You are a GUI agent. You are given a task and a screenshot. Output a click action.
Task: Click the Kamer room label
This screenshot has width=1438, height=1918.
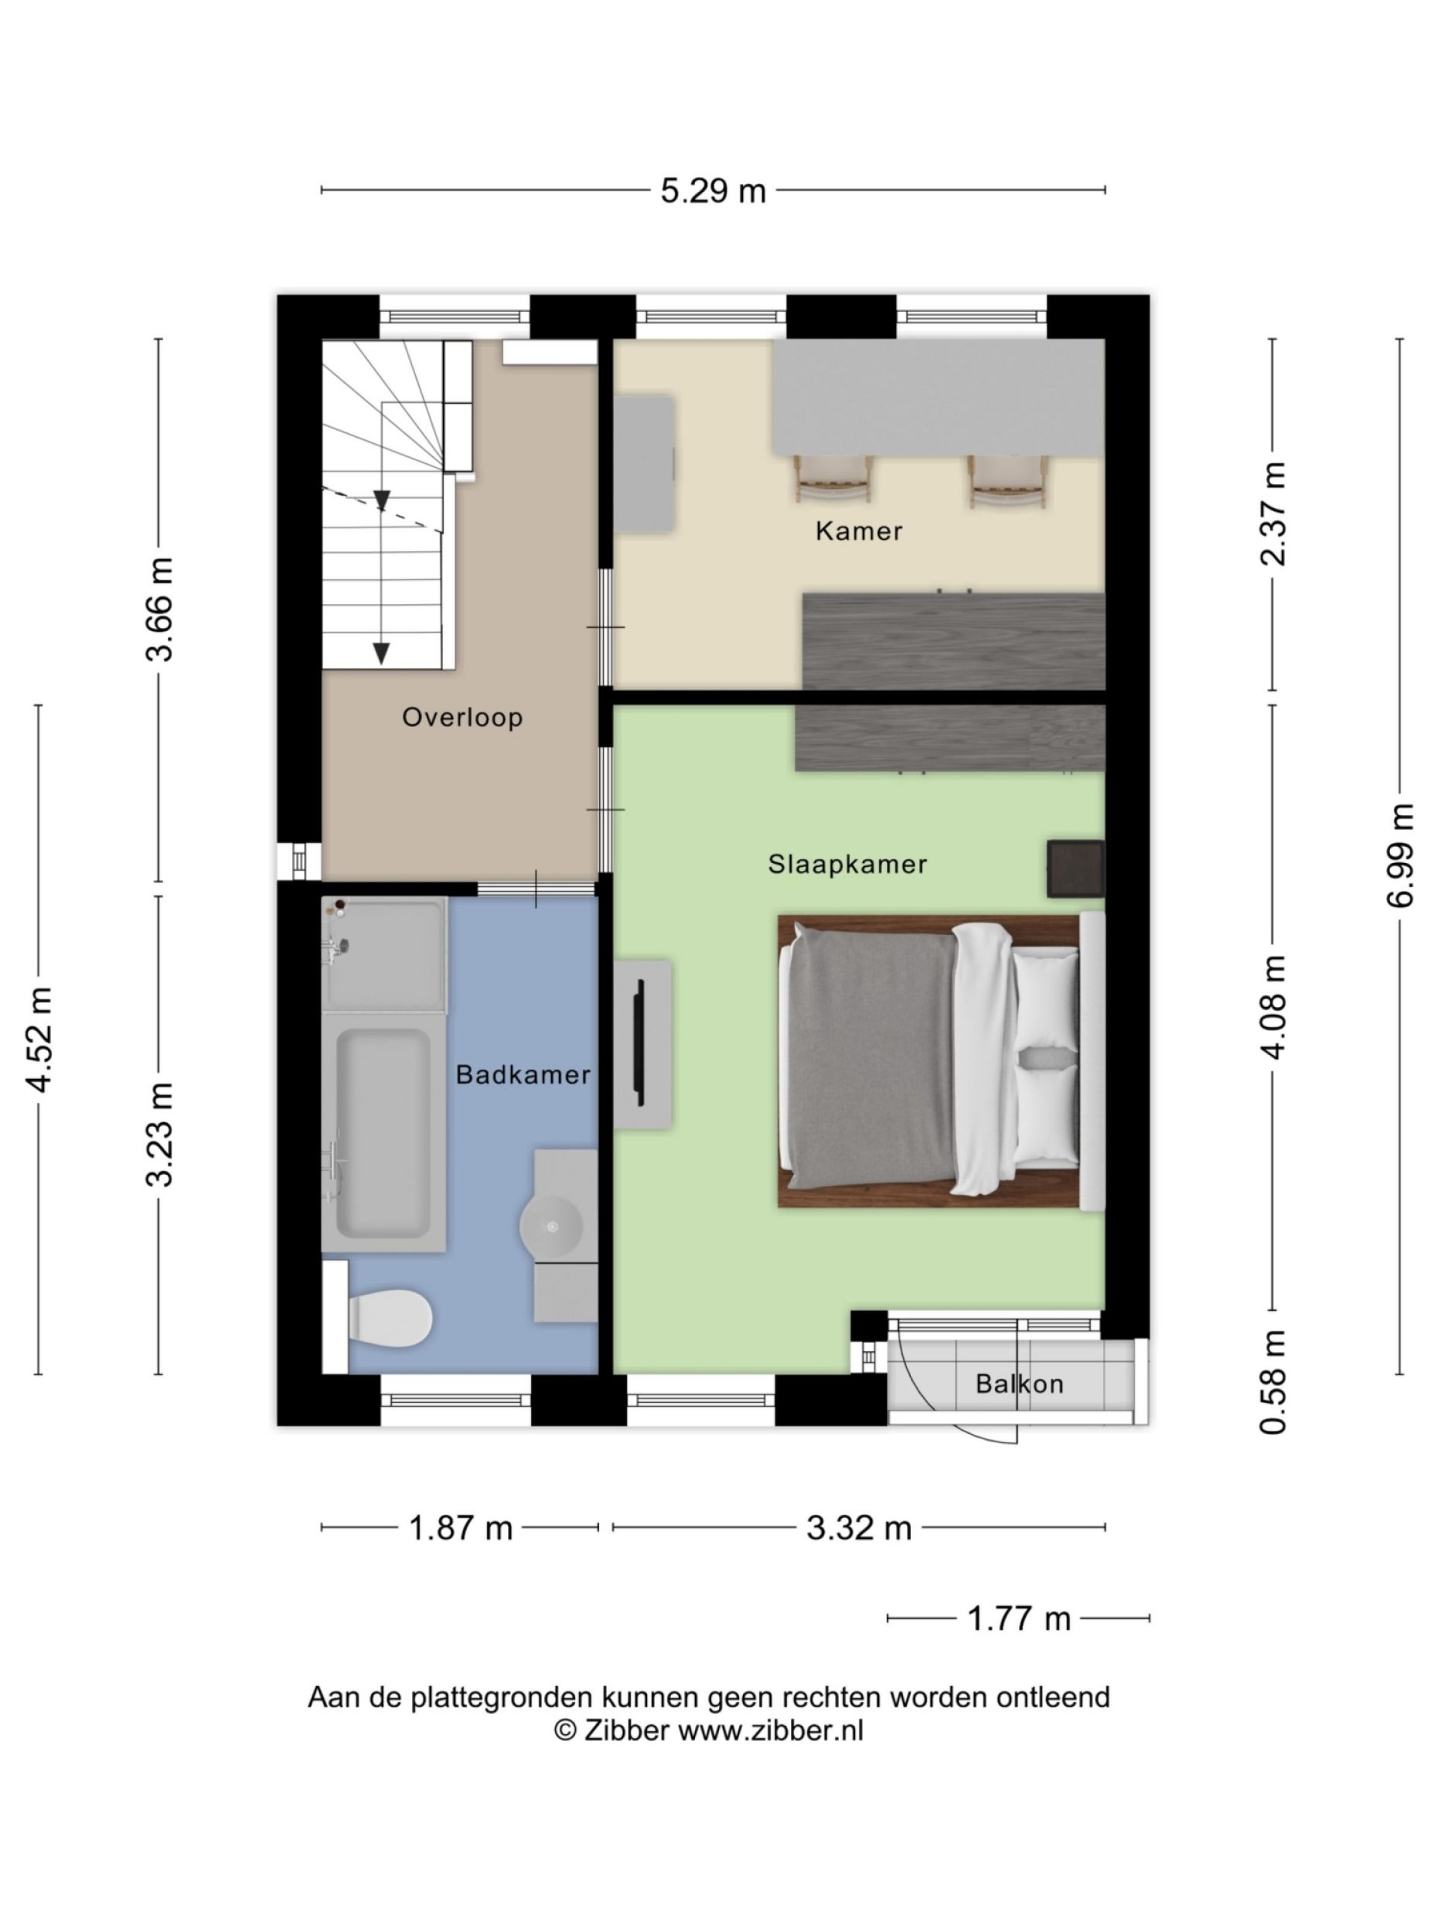858,531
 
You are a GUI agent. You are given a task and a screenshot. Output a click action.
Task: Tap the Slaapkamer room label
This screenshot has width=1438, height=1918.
847,864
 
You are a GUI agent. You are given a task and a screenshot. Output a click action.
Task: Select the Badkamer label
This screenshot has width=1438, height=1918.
523,1074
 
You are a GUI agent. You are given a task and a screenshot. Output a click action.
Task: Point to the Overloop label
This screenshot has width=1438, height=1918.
462,717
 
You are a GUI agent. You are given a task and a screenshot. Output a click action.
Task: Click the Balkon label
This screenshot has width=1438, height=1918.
1018,1383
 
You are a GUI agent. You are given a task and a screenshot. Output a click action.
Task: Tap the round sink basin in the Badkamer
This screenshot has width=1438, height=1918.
551,1226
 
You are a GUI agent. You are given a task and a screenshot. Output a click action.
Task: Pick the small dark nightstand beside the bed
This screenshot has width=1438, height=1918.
1075,868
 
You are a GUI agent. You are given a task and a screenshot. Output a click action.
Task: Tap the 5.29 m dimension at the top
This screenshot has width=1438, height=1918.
713,191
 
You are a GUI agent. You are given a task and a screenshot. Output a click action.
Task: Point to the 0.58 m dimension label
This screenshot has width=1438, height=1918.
1273,1381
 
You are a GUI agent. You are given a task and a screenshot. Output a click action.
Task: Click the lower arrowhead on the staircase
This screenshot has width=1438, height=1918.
380,653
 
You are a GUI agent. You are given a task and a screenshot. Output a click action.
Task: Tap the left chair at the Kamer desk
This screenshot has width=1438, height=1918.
832,479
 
